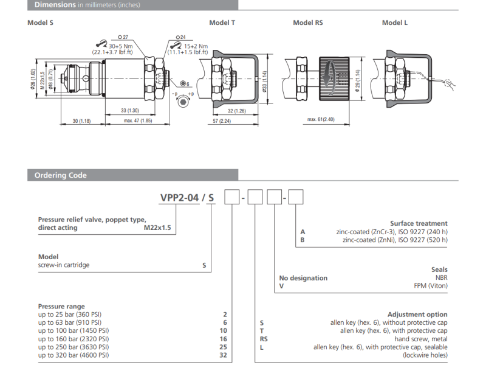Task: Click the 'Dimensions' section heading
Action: (54, 5)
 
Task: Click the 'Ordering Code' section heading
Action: (60, 175)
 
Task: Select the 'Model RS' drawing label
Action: (308, 23)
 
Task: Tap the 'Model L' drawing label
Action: (395, 23)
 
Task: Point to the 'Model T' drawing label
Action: (222, 23)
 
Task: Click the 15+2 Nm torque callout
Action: (196, 46)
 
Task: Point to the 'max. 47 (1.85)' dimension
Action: (137, 122)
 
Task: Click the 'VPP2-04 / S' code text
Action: (187, 197)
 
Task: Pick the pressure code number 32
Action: (223, 355)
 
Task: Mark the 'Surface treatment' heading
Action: (419, 223)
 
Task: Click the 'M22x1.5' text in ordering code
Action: (157, 228)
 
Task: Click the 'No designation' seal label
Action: (303, 278)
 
